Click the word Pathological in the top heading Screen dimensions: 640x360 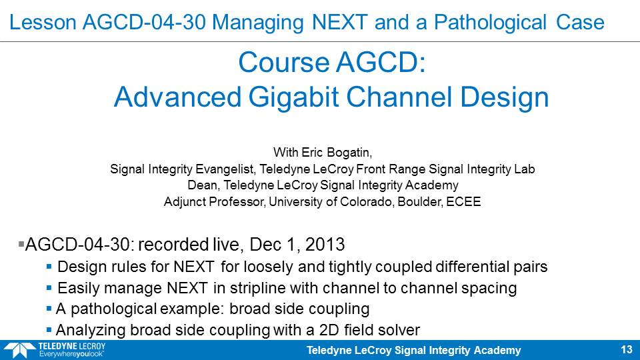[490, 23]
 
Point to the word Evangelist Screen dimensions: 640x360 [226, 169]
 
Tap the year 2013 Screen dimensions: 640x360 [325, 245]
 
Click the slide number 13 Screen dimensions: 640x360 [627, 350]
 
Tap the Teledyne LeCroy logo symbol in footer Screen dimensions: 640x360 [19, 351]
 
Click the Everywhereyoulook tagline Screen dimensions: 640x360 [71, 354]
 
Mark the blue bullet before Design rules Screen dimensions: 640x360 [49, 267]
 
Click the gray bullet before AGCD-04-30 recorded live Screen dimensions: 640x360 [21, 244]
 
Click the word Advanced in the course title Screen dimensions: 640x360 [177, 97]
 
